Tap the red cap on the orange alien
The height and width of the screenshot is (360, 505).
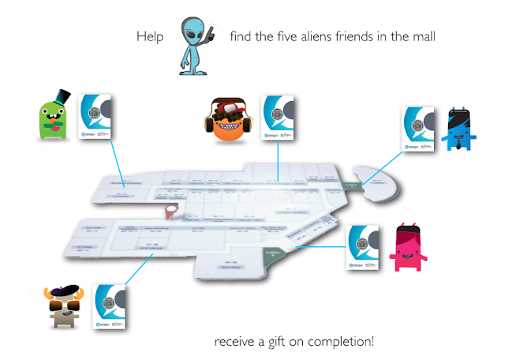coord(228,107)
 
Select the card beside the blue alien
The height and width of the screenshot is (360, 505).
coord(419,126)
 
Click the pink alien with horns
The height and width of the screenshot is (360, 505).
coord(411,246)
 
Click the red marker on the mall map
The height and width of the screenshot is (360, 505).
coord(170,212)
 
